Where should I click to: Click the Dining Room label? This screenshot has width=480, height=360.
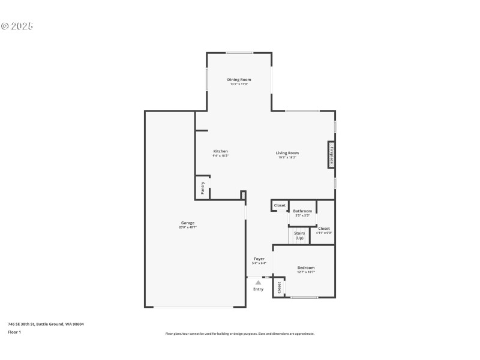point(239,80)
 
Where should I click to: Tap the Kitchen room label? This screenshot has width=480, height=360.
point(221,151)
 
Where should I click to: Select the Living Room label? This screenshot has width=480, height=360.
point(287,153)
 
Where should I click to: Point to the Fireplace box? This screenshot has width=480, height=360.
point(331,154)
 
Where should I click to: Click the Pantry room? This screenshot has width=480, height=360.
point(203,187)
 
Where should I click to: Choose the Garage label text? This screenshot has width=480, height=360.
point(187,223)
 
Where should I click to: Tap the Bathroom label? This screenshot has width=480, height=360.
point(302,211)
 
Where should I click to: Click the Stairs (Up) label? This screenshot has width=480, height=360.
point(299,235)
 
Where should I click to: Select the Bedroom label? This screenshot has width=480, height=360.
point(306,268)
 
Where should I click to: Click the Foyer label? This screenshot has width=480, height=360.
point(259,259)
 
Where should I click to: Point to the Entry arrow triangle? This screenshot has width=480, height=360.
point(258,281)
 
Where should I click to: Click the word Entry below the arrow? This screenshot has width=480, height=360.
point(258,289)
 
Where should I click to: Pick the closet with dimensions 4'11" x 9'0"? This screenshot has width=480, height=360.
point(324,229)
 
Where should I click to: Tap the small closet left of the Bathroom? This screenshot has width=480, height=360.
point(280,205)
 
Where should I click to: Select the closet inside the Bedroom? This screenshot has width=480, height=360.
point(279,287)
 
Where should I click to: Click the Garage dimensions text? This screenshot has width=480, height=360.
point(187,227)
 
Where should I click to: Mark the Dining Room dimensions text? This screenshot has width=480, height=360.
point(239,84)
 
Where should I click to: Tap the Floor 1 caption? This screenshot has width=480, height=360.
point(14,332)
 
